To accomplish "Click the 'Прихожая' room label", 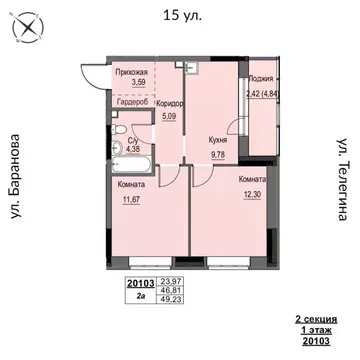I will coord(132,73).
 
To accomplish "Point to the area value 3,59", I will coord(133,84).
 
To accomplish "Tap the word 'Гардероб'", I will coord(132,103).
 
